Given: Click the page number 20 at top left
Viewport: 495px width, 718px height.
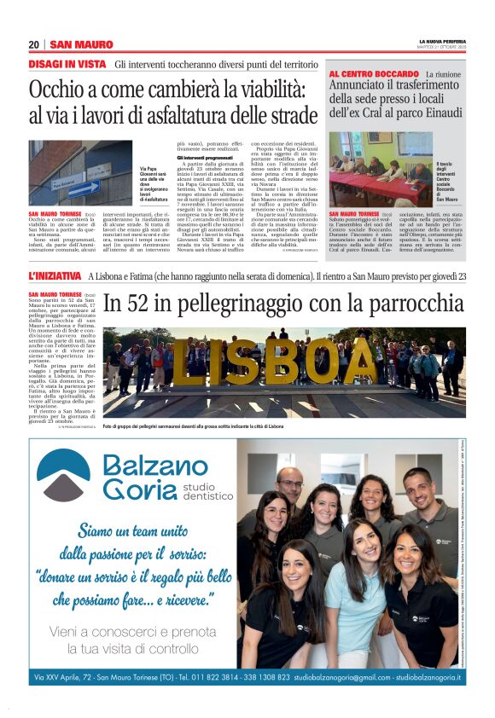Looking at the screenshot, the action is (x=34, y=44).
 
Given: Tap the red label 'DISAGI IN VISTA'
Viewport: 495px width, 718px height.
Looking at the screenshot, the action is (x=67, y=65).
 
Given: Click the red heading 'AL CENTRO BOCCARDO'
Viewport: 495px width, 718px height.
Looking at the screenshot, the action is (x=372, y=75).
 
